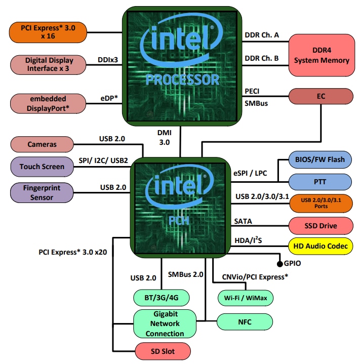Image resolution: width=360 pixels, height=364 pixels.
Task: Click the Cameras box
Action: pyautogui.click(x=42, y=145)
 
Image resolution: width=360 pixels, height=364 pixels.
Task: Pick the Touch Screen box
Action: pyautogui.click(x=42, y=166)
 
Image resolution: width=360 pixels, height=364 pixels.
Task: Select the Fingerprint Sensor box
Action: pyautogui.click(x=42, y=192)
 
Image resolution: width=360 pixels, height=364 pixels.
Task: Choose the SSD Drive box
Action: pyautogui.click(x=321, y=225)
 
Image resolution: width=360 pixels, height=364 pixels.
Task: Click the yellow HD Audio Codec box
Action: pyautogui.click(x=321, y=247)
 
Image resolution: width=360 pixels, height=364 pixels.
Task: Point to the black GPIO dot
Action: pyautogui.click(x=279, y=264)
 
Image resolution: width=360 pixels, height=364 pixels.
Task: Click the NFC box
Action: pyautogui.click(x=245, y=321)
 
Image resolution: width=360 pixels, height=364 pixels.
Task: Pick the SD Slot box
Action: pyautogui.click(x=163, y=351)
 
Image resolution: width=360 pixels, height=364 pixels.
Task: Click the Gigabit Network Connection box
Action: pyautogui.click(x=165, y=323)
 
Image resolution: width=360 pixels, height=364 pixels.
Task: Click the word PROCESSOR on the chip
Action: pyautogui.click(x=182, y=79)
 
